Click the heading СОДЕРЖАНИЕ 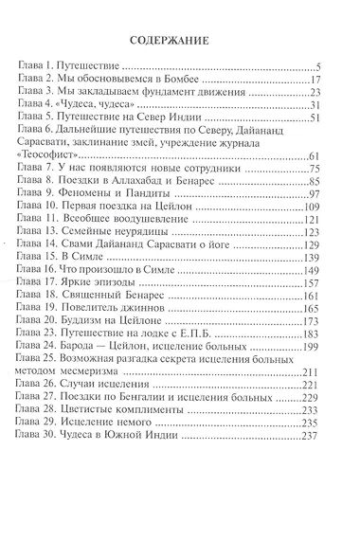click(x=179, y=40)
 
